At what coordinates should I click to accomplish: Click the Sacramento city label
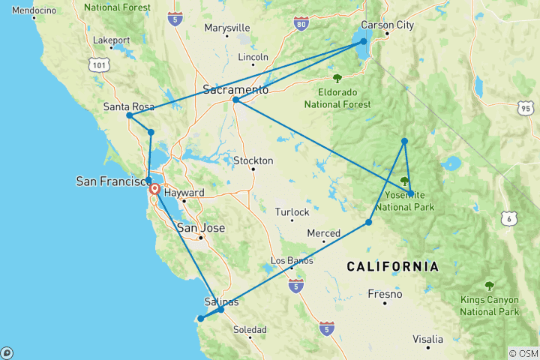click(x=235, y=89)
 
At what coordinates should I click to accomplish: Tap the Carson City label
click(x=388, y=25)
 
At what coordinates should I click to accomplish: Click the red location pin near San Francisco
click(x=154, y=190)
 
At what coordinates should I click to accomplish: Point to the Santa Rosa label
click(x=129, y=106)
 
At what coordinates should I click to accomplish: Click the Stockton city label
click(x=253, y=160)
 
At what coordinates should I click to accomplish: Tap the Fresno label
click(x=385, y=294)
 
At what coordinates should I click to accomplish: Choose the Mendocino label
click(x=34, y=10)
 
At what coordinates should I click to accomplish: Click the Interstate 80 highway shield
click(x=300, y=25)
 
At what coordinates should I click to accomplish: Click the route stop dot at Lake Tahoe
click(x=364, y=41)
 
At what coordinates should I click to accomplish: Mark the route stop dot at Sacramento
click(x=235, y=100)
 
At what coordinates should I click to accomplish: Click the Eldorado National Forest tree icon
click(x=337, y=77)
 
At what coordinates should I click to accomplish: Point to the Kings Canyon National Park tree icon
click(x=490, y=285)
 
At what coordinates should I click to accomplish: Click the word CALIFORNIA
click(x=392, y=266)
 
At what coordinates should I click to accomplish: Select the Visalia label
click(x=427, y=339)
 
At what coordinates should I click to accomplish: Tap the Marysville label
click(x=227, y=28)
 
